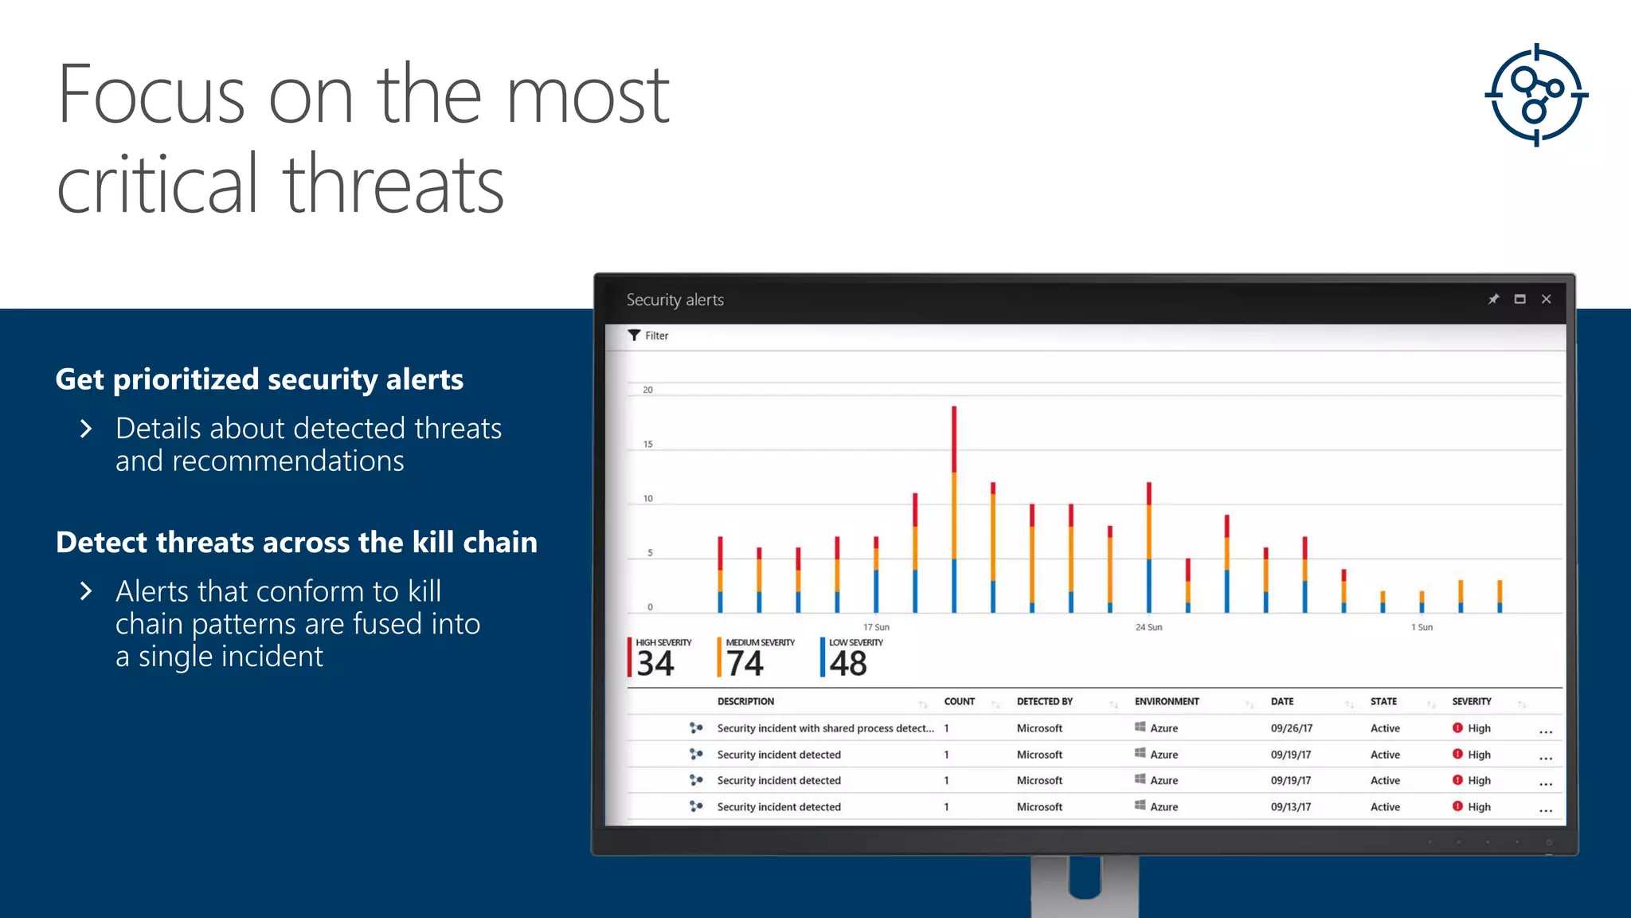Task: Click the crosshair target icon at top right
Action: [x=1536, y=95]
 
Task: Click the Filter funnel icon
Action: [x=634, y=335]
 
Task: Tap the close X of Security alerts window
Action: [x=1546, y=299]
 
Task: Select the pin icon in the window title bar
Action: [x=1493, y=299]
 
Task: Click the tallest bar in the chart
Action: [x=953, y=510]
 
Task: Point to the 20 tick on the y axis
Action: [x=647, y=390]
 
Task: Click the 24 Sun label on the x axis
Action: [x=1148, y=627]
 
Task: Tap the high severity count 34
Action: [x=655, y=663]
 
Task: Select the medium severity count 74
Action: [x=745, y=663]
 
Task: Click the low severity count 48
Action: [x=847, y=663]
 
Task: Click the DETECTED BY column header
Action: [x=1044, y=701]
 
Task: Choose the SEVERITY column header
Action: [x=1471, y=701]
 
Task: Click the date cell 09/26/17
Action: [x=1291, y=728]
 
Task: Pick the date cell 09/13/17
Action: [x=1291, y=806]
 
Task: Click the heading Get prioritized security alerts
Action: [x=260, y=379]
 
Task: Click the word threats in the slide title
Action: [x=393, y=185]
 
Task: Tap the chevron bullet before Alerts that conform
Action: [x=86, y=591]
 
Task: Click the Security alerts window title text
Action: [x=675, y=300]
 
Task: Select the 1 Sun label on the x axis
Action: [x=1422, y=627]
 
